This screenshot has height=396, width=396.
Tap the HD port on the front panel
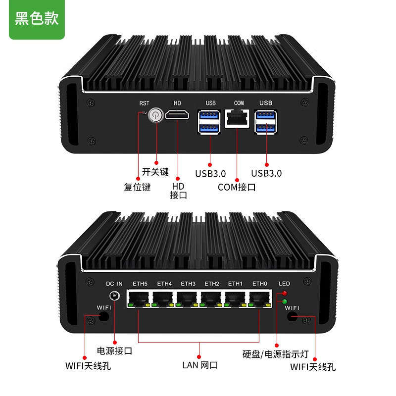tap(177, 116)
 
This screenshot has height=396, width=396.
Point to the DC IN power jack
tap(115, 297)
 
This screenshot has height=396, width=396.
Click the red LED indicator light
tap(284, 294)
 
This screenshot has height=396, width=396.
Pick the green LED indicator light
tap(284, 300)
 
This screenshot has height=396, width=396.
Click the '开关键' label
tap(155, 172)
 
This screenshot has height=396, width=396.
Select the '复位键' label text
tap(137, 187)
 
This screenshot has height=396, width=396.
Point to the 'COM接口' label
tap(237, 187)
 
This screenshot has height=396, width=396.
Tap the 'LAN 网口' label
tap(199, 366)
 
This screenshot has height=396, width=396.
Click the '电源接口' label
tap(114, 351)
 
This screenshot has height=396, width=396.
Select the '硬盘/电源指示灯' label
tap(276, 354)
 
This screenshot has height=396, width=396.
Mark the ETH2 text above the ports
tap(212, 284)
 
